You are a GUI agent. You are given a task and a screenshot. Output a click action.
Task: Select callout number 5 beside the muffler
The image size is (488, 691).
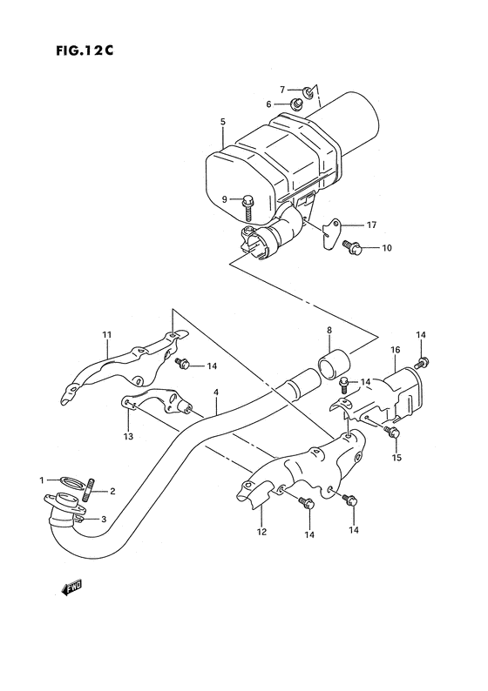click(223, 122)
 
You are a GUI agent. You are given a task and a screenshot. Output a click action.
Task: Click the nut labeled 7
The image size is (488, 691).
click(309, 91)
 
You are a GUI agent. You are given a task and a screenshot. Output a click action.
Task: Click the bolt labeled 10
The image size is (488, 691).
click(352, 247)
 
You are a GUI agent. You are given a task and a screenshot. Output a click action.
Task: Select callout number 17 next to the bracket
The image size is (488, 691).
click(370, 225)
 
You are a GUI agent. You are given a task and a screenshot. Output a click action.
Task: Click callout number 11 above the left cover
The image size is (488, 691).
click(107, 334)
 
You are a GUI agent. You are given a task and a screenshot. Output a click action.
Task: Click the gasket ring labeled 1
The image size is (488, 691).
click(70, 480)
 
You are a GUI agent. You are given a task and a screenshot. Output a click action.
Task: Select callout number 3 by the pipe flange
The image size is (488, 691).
click(104, 520)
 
